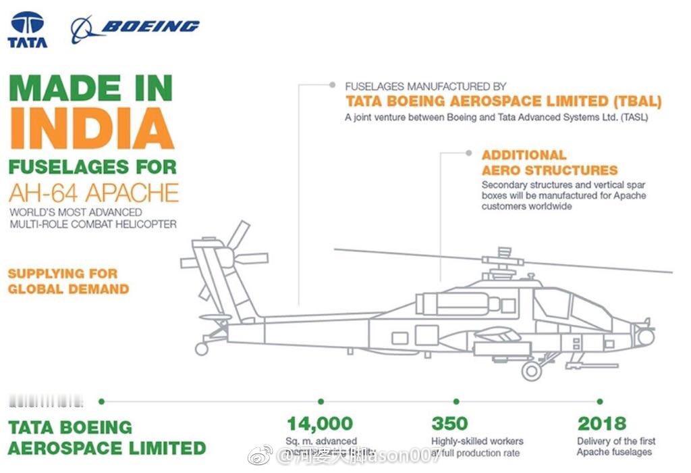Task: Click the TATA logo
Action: [x=28, y=30]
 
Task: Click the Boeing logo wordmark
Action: [x=150, y=27]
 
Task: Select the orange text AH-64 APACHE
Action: [x=93, y=193]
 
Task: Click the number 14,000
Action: [x=320, y=424]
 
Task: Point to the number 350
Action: [x=449, y=424]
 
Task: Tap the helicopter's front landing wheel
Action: [x=532, y=370]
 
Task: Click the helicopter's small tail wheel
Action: [x=201, y=349]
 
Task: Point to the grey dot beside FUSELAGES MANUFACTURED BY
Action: [x=332, y=86]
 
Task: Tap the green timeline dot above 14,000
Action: [x=321, y=401]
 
